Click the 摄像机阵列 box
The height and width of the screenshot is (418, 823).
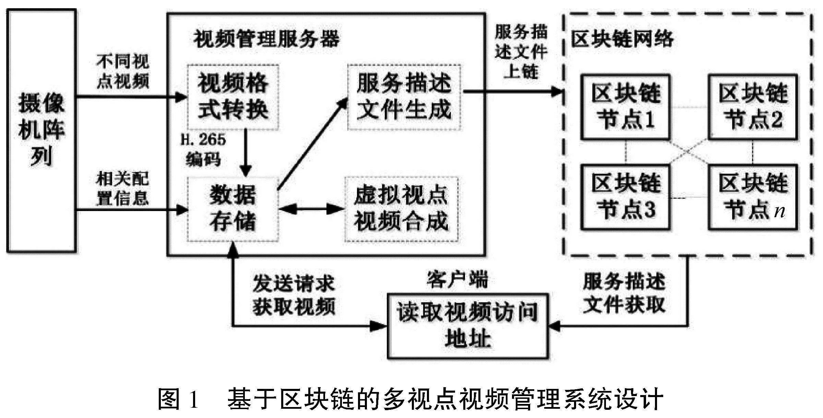point(41,130)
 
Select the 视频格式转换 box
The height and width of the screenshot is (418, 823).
point(233,97)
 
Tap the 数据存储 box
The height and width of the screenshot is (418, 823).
point(233,209)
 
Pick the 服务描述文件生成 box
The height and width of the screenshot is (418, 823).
point(404,97)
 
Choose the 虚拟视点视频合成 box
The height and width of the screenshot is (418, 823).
point(401,209)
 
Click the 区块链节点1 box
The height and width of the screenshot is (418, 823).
point(625,107)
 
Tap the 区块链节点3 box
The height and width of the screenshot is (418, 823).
point(625,197)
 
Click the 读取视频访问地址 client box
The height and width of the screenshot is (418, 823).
point(467,325)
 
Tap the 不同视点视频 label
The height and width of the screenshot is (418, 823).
point(123,71)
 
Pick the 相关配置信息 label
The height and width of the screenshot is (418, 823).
point(123,188)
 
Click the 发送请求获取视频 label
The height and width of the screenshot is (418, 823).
point(294,295)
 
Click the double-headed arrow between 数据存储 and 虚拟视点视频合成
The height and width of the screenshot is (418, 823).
point(311,209)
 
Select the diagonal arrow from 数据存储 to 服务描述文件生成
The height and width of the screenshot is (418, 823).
point(312,144)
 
